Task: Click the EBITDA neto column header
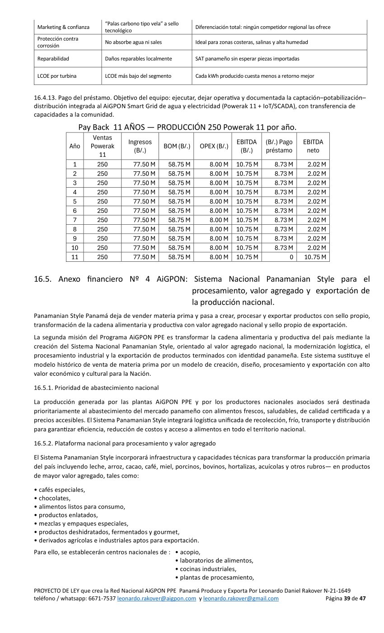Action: pyautogui.click(x=313, y=146)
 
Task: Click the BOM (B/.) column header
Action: pyautogui.click(x=177, y=146)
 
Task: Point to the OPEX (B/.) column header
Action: pyautogui.click(x=214, y=146)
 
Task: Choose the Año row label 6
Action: pyautogui.click(x=75, y=211)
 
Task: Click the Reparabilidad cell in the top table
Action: pyautogui.click(x=53, y=59)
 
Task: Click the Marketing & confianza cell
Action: pyautogui.click(x=63, y=27)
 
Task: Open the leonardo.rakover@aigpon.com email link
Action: pyautogui.click(x=156, y=599)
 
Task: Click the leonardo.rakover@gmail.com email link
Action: pyautogui.click(x=241, y=599)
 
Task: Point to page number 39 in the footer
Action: pyautogui.click(x=347, y=599)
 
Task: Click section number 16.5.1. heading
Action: pyautogui.click(x=96, y=388)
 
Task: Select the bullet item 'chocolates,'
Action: pyautogui.click(x=55, y=498)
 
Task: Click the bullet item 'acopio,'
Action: pyautogui.click(x=190, y=552)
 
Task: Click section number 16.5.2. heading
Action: pyautogui.click(x=125, y=443)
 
